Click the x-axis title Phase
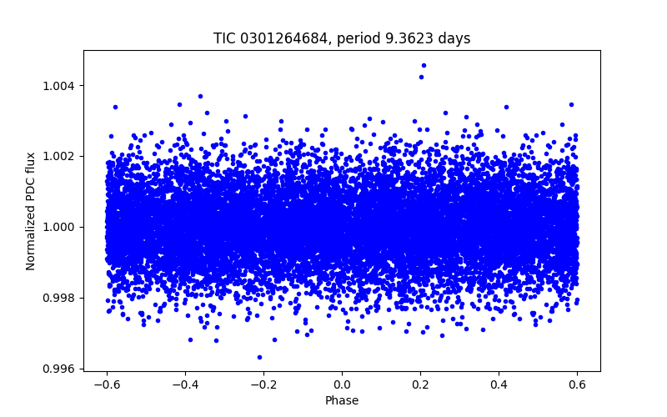click(342, 400)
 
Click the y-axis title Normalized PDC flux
click(31, 211)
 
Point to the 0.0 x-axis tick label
click(342, 384)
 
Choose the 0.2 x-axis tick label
click(420, 384)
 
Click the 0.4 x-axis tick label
click(499, 384)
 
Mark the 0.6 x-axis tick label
click(577, 384)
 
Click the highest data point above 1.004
click(424, 65)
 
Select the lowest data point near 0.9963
click(259, 357)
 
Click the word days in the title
click(457, 38)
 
